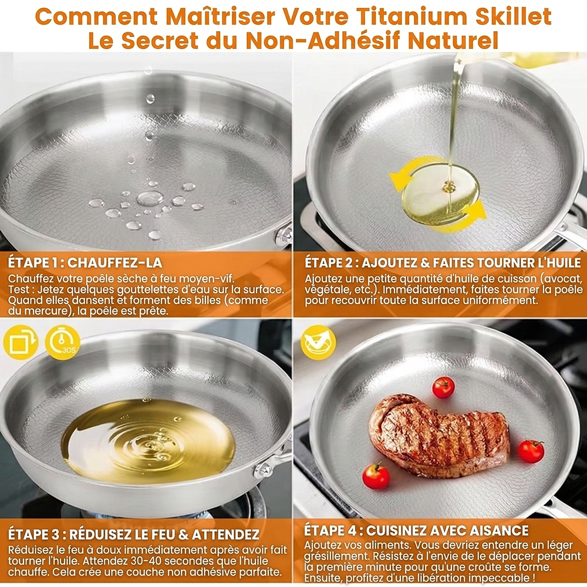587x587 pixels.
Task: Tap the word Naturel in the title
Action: pos(453,41)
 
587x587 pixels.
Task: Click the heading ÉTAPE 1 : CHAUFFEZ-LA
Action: pos(85,262)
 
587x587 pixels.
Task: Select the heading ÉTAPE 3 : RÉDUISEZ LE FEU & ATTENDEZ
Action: pos(134,534)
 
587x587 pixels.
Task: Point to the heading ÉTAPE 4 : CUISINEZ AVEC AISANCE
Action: pos(416,531)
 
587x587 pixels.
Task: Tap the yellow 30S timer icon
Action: pos(63,343)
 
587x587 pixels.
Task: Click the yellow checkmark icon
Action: pos(318,343)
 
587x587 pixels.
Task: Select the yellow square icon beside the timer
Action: pos(21,343)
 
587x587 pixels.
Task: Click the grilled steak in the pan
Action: pos(438,436)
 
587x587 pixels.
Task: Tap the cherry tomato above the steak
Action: pos(444,387)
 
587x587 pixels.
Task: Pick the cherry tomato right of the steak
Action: pos(531,451)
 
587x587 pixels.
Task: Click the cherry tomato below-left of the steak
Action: pos(376,477)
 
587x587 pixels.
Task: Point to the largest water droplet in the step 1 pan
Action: pos(150,198)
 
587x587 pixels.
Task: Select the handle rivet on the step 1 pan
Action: pos(284,235)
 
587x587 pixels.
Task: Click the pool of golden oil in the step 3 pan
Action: pos(149,441)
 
